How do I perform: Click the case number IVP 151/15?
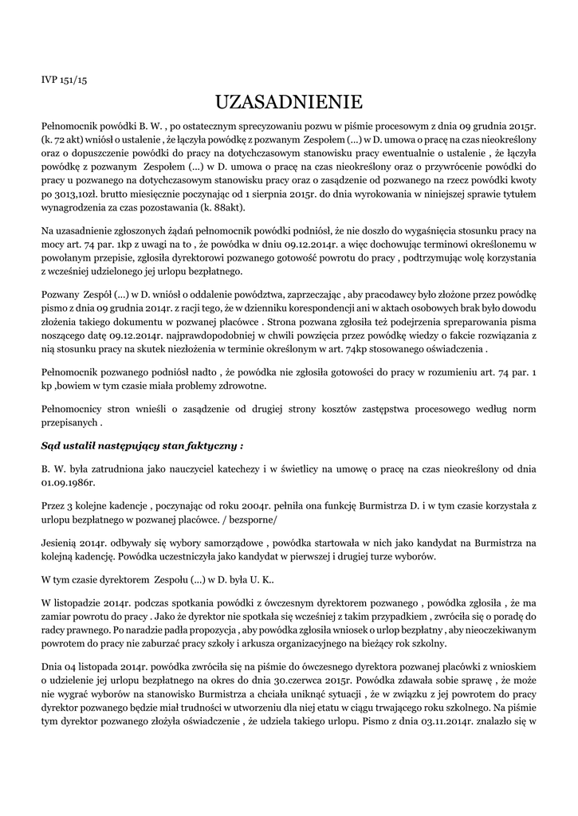tap(64, 80)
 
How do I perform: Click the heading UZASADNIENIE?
tap(289, 102)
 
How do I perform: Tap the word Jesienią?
tap(61, 543)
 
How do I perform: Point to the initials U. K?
tap(264, 581)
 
